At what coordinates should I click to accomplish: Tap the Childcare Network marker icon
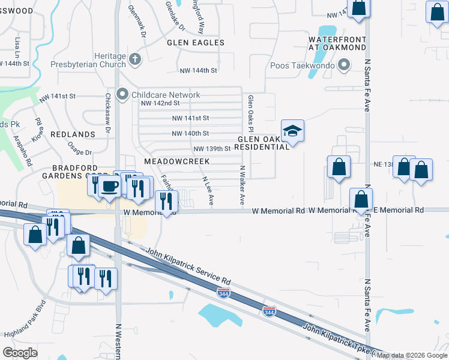tap(123, 94)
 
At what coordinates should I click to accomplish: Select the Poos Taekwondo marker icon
tap(344, 65)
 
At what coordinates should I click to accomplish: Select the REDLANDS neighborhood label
tap(73, 134)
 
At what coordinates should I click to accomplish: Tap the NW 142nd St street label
tap(160, 103)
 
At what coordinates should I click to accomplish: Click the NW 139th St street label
tap(212, 148)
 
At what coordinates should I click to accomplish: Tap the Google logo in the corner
tap(20, 352)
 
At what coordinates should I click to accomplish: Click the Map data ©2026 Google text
tap(412, 355)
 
